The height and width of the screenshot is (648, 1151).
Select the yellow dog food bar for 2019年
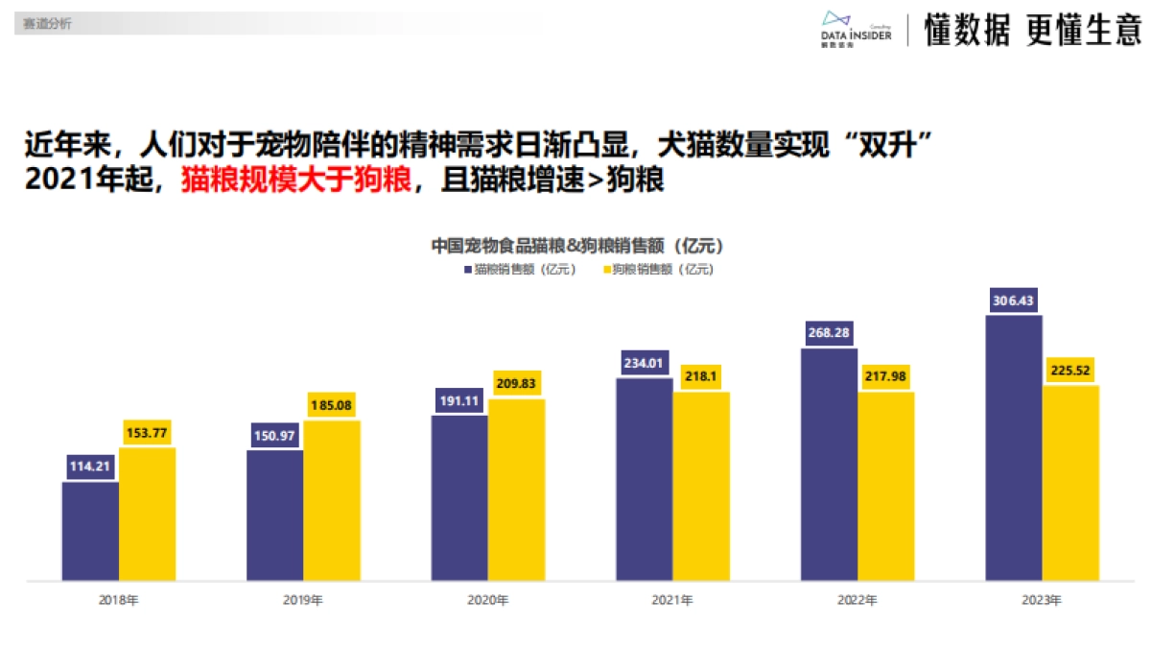pyautogui.click(x=332, y=500)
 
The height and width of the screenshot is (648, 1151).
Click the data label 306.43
pyautogui.click(x=1014, y=300)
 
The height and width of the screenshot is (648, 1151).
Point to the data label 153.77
pyautogui.click(x=147, y=433)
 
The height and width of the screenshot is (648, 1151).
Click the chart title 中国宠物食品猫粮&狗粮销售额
pyautogui.click(x=575, y=246)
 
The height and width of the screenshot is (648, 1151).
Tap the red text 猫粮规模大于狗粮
pyautogui.click(x=296, y=180)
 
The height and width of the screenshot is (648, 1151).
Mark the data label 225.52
pyautogui.click(x=1070, y=371)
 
